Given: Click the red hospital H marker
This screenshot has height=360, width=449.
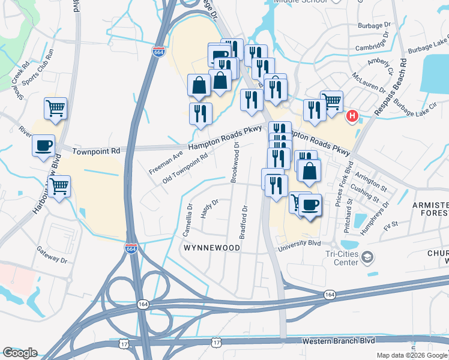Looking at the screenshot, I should pyautogui.click(x=353, y=116).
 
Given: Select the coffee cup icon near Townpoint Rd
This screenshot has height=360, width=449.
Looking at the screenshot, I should pyautogui.click(x=43, y=146).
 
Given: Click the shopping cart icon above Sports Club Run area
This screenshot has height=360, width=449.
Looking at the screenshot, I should pyautogui.click(x=55, y=109).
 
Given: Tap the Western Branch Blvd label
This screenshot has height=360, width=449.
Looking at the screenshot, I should pyautogui.click(x=338, y=340).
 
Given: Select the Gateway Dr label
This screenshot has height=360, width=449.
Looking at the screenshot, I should pyautogui.click(x=51, y=256).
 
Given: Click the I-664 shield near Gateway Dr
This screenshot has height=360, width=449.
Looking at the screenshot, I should pyautogui.click(x=131, y=248).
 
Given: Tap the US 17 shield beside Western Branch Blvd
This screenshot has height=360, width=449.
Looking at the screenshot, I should pyautogui.click(x=217, y=341).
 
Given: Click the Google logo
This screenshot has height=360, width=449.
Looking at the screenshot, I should pyautogui.click(x=20, y=353).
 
